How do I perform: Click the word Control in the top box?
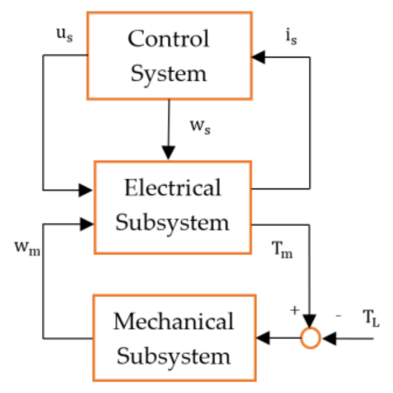[169, 39]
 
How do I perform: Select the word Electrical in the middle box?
[172, 188]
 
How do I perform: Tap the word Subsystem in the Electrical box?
[172, 223]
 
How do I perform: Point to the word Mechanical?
[174, 322]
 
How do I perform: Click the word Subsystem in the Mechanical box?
[174, 356]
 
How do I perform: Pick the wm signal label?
[28, 248]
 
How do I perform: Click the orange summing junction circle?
[310, 338]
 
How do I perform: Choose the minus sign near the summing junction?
[338, 316]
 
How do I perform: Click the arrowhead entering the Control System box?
[258, 57]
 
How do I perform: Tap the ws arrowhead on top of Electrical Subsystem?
[169, 153]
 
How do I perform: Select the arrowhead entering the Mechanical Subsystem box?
[262, 338]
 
